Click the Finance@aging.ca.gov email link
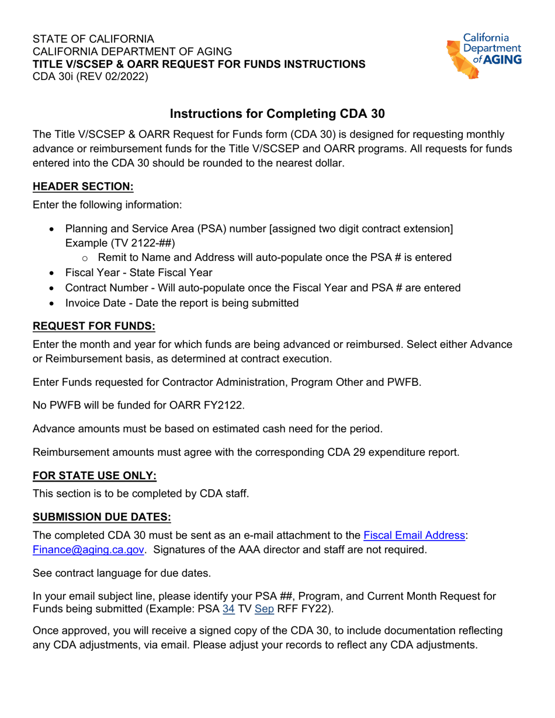click(86, 550)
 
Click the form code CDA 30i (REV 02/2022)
click(91, 76)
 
